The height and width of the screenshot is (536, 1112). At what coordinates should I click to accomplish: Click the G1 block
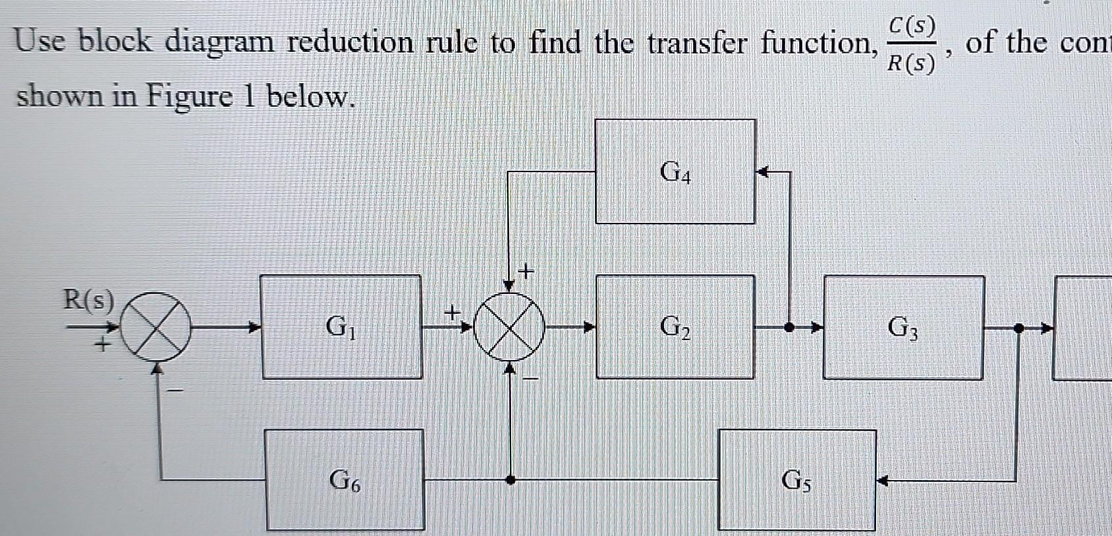pyautogui.click(x=341, y=326)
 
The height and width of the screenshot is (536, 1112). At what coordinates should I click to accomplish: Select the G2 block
pyautogui.click(x=675, y=326)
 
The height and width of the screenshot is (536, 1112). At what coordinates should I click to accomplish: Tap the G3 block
pyautogui.click(x=903, y=327)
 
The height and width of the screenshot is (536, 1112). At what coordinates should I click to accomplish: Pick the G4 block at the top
pyautogui.click(x=675, y=171)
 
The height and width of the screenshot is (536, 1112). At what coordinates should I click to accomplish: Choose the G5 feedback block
pyautogui.click(x=796, y=480)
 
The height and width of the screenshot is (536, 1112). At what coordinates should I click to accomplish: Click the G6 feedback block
pyautogui.click(x=345, y=480)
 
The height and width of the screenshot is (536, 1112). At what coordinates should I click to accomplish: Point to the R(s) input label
pyautogui.click(x=88, y=301)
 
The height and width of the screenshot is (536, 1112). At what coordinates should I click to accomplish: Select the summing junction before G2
pyautogui.click(x=509, y=326)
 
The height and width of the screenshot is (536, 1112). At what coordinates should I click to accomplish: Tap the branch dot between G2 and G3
pyautogui.click(x=789, y=326)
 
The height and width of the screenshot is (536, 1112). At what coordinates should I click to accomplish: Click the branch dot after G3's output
pyautogui.click(x=1018, y=327)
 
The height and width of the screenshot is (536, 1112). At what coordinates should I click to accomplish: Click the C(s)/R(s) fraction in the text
pyautogui.click(x=910, y=45)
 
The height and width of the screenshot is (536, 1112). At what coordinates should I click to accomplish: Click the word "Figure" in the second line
pyautogui.click(x=189, y=97)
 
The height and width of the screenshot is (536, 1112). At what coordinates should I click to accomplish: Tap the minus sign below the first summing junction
pyautogui.click(x=175, y=390)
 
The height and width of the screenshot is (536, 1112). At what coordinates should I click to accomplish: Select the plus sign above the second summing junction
pyautogui.click(x=526, y=270)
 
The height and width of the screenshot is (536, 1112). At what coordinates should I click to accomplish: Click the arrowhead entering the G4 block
pyautogui.click(x=762, y=173)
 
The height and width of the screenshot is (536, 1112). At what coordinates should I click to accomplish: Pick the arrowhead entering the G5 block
pyautogui.click(x=883, y=481)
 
